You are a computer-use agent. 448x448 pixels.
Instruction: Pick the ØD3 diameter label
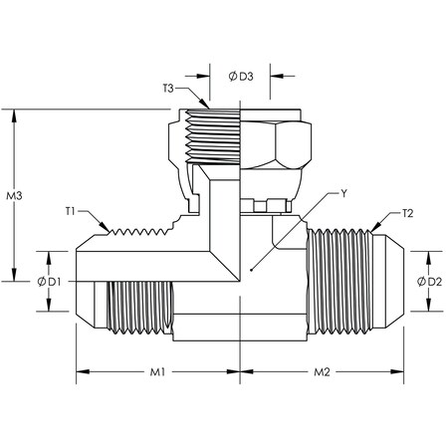239,75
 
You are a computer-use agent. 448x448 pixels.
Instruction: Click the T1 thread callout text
73,211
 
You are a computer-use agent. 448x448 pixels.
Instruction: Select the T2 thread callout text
409,213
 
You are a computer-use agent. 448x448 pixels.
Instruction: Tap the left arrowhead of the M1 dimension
82,373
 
